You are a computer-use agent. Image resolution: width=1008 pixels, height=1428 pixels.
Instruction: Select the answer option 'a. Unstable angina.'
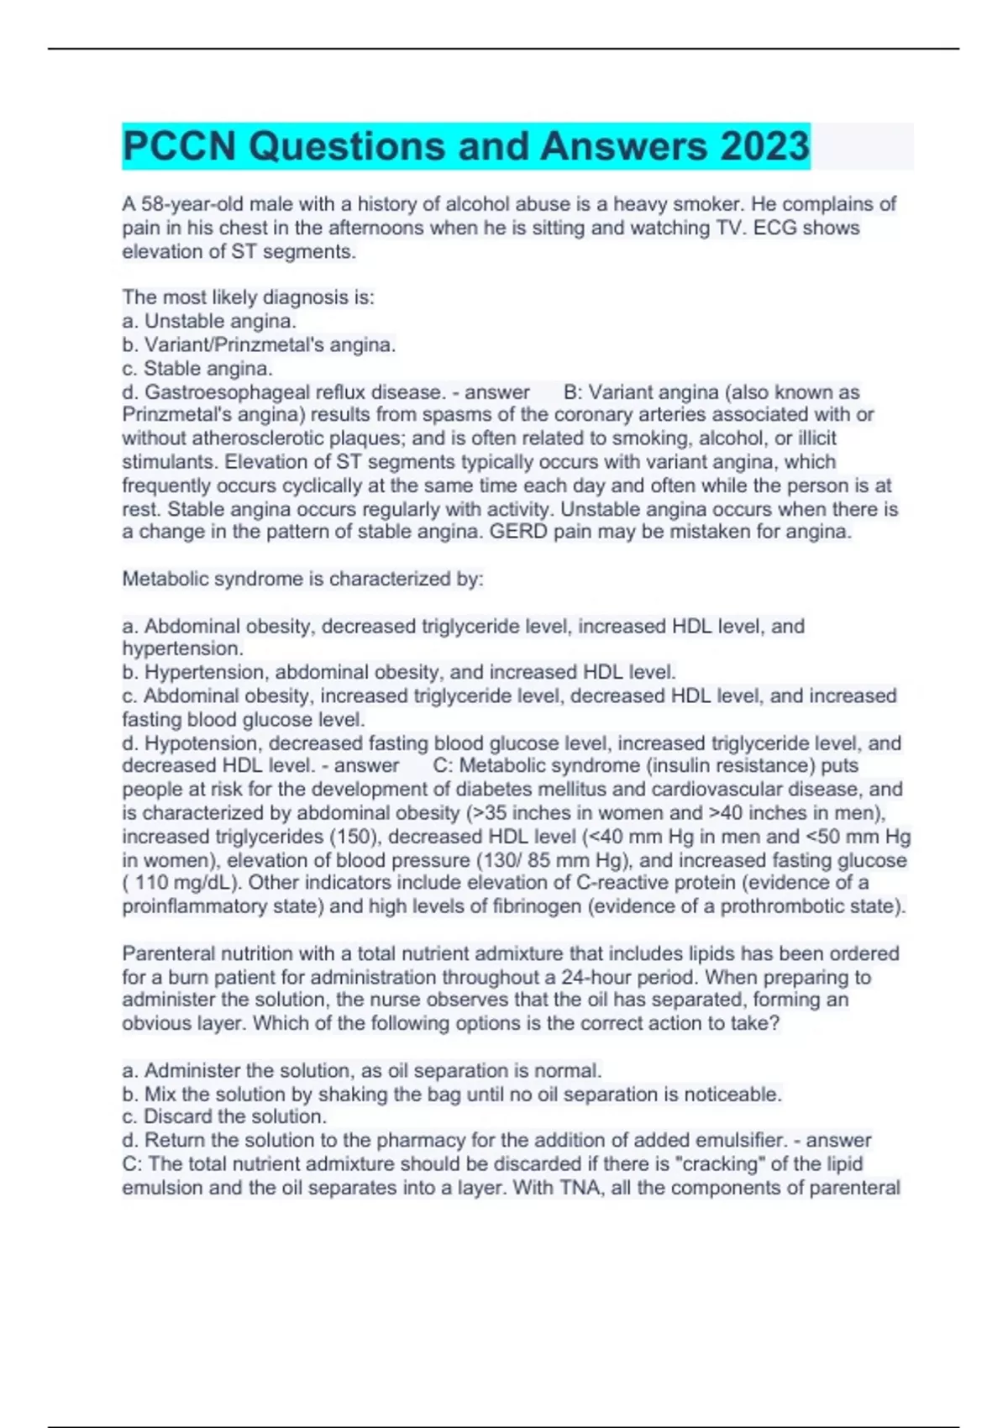pyautogui.click(x=209, y=321)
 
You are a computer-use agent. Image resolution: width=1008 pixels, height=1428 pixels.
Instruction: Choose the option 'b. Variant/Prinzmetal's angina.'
pyautogui.click(x=259, y=344)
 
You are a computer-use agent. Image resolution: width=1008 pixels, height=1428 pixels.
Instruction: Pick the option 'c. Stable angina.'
pyautogui.click(x=197, y=368)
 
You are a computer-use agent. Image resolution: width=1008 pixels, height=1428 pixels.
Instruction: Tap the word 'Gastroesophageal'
pyautogui.click(x=218, y=391)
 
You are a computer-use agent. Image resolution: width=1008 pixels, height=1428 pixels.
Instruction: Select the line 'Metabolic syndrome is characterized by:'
pyautogui.click(x=302, y=579)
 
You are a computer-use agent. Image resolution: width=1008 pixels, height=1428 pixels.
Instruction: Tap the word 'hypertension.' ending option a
pyautogui.click(x=182, y=648)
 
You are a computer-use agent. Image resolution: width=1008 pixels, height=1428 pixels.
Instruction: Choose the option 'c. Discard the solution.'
pyautogui.click(x=224, y=1116)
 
